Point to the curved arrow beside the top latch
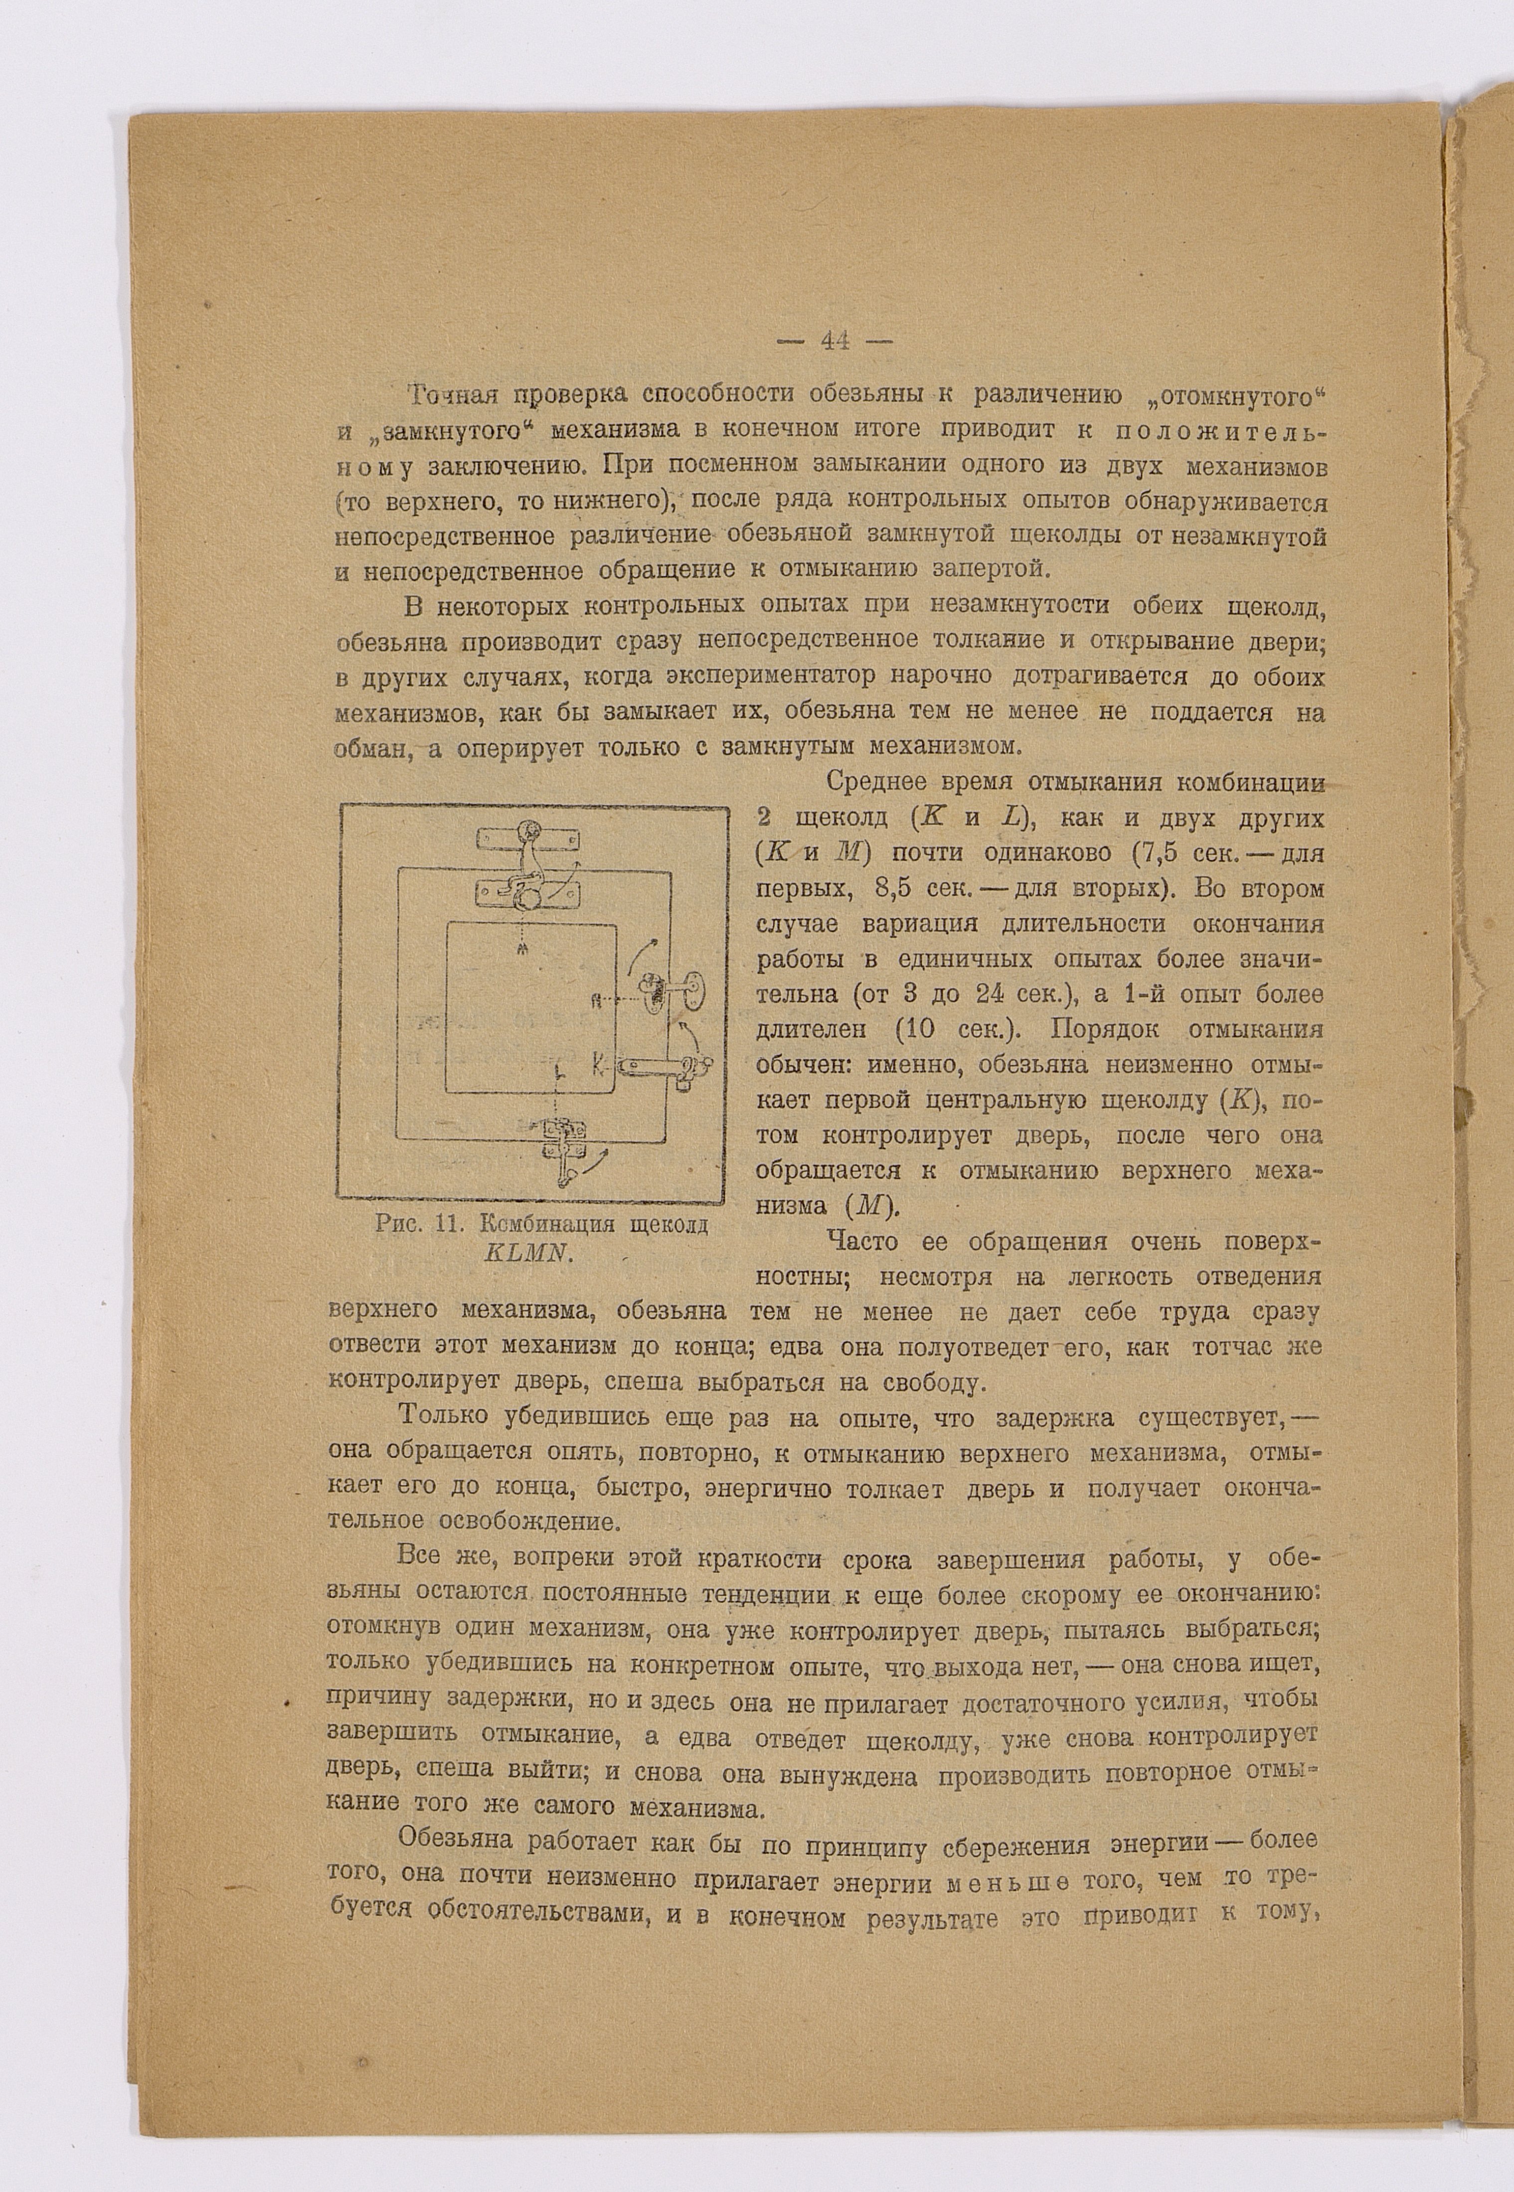572,877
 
